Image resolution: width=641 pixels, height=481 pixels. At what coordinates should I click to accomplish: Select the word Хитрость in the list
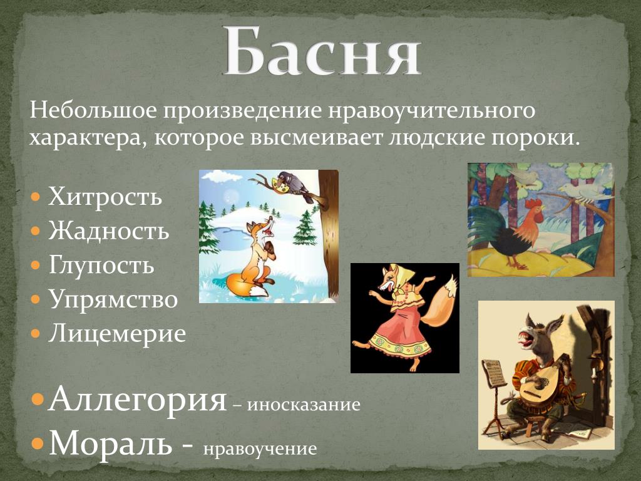click(105, 196)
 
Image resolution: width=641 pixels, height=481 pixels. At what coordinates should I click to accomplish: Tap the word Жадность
click(109, 230)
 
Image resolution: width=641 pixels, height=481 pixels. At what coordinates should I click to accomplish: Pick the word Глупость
click(101, 265)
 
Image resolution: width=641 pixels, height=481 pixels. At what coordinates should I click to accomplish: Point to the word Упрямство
click(113, 299)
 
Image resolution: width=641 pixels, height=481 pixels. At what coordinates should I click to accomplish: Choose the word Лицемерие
click(117, 333)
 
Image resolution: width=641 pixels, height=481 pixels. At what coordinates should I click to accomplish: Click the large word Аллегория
click(137, 399)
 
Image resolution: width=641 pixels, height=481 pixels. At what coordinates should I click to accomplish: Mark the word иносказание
click(304, 405)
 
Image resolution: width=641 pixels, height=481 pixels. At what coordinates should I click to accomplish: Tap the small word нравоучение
click(260, 449)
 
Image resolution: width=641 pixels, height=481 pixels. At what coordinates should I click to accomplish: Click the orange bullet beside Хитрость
click(36, 197)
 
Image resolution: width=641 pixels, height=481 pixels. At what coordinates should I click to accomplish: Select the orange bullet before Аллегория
click(38, 399)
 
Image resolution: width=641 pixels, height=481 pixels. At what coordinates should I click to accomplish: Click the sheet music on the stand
click(493, 372)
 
